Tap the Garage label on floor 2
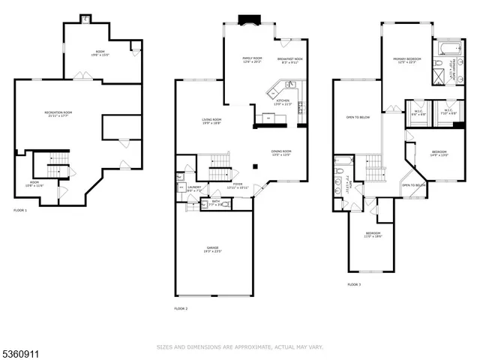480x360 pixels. pyautogui.click(x=213, y=249)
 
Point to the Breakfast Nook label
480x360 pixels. pyautogui.click(x=289, y=59)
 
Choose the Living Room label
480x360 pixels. pyautogui.click(x=211, y=121)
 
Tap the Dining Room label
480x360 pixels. pyautogui.click(x=281, y=153)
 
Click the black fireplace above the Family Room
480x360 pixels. pyautogui.click(x=247, y=19)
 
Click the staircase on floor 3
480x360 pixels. pyautogui.click(x=368, y=167)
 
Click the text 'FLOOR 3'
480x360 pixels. pyautogui.click(x=353, y=285)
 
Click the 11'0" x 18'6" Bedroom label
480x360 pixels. pyautogui.click(x=373, y=235)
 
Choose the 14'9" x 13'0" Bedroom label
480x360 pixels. pyautogui.click(x=439, y=154)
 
